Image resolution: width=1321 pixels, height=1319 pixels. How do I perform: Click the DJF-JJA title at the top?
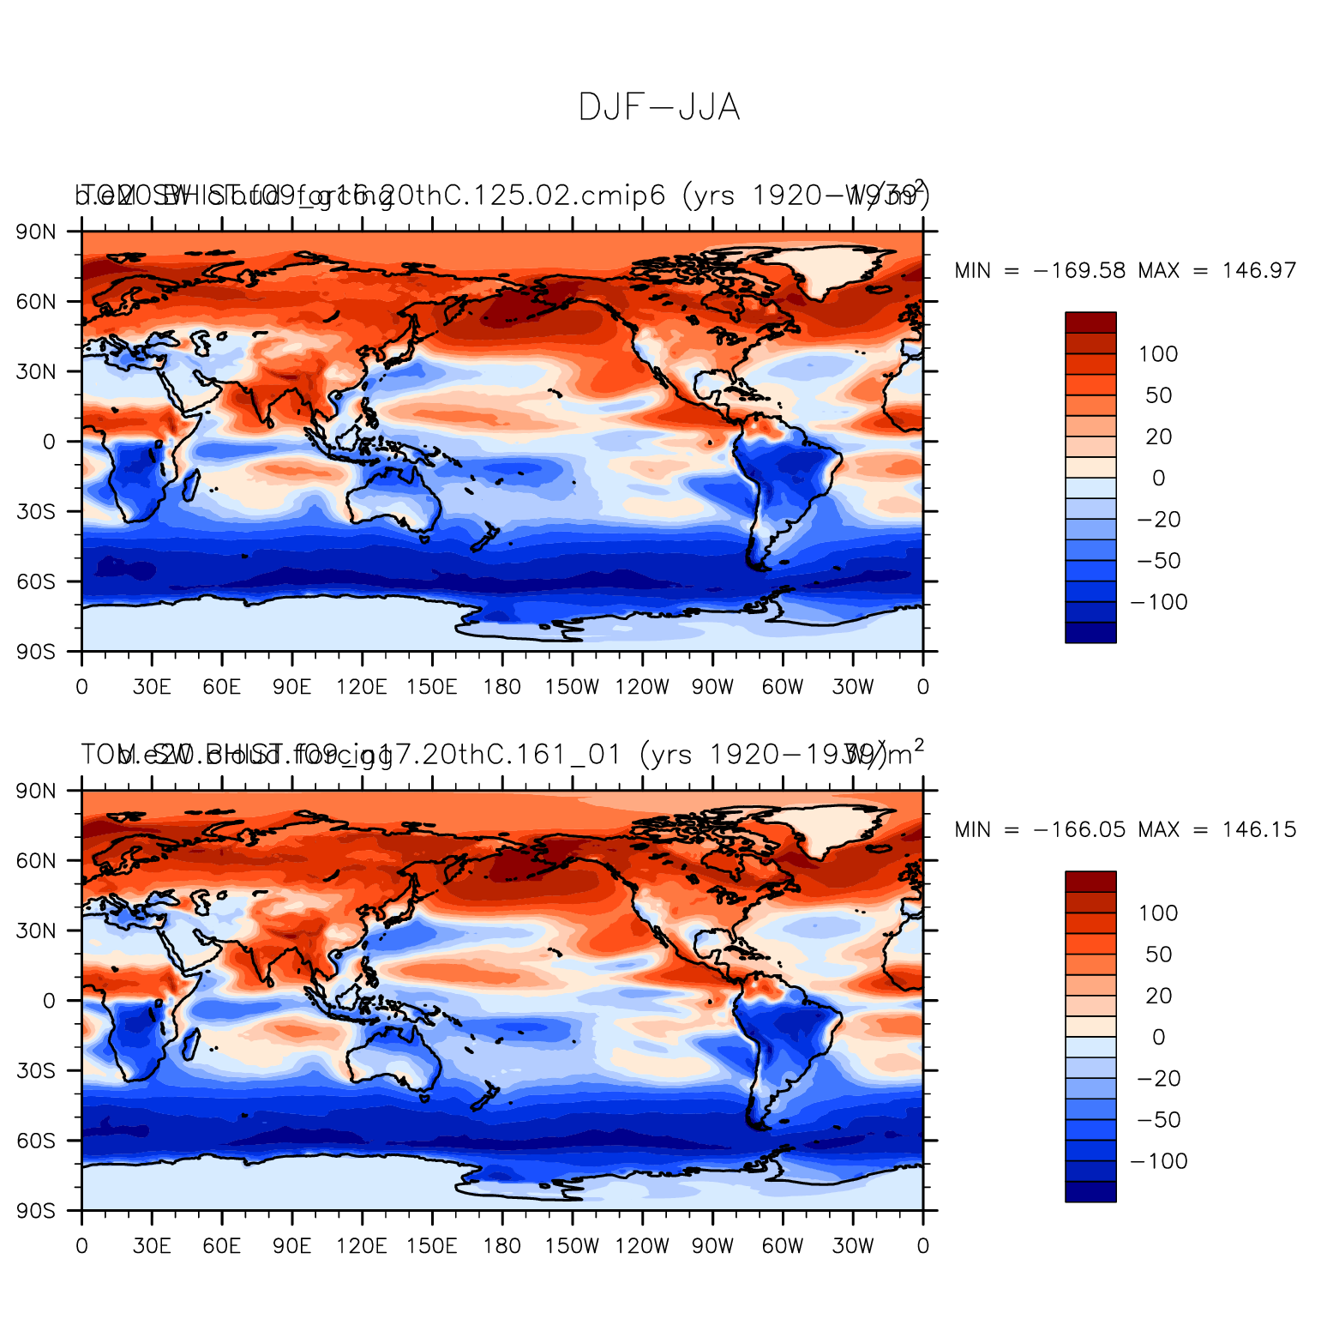(x=658, y=108)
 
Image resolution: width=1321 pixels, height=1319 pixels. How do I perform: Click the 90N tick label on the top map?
(x=37, y=232)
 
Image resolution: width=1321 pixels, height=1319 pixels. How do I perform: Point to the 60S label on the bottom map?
(x=37, y=1141)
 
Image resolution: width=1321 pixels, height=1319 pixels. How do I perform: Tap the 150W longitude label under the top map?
(x=572, y=687)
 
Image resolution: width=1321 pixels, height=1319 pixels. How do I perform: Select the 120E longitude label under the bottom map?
(x=362, y=1246)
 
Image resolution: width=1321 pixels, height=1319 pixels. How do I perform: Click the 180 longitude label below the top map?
(x=501, y=687)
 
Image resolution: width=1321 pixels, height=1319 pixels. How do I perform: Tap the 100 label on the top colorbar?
(x=1158, y=354)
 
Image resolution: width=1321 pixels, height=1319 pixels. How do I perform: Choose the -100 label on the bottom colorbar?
(x=1159, y=1161)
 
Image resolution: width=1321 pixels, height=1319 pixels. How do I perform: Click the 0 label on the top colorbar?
(x=1158, y=479)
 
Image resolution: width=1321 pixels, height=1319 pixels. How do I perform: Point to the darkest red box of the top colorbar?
(x=1090, y=322)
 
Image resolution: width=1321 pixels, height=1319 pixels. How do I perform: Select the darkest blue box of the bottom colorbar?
(x=1090, y=1191)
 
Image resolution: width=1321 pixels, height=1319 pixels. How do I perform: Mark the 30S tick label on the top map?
(x=37, y=512)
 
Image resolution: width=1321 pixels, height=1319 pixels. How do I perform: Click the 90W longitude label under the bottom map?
(x=712, y=1246)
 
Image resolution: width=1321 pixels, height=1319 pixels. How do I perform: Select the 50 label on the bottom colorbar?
(x=1158, y=955)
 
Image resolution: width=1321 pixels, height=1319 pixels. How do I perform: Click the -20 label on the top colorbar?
(x=1159, y=520)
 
